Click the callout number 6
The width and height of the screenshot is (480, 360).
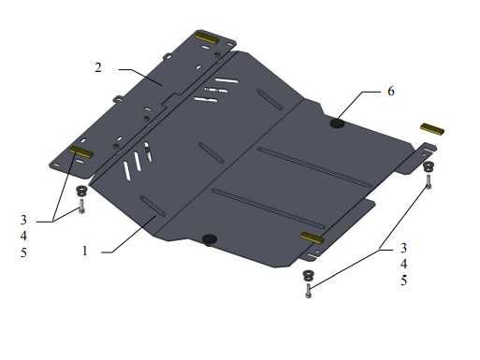(x=391, y=92)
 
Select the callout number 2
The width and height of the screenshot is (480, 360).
(x=98, y=67)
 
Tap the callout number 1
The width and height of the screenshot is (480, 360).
(x=85, y=251)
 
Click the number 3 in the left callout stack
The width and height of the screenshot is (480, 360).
(x=23, y=220)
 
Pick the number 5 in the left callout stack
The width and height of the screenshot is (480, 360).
(x=23, y=252)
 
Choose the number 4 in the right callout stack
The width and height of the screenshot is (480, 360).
(x=404, y=265)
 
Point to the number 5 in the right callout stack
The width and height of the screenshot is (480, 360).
(x=404, y=281)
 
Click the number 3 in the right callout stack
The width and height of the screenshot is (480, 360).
(x=404, y=248)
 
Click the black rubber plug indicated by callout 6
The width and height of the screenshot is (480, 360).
(x=337, y=123)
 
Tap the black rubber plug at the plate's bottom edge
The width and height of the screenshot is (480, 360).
(x=210, y=239)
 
